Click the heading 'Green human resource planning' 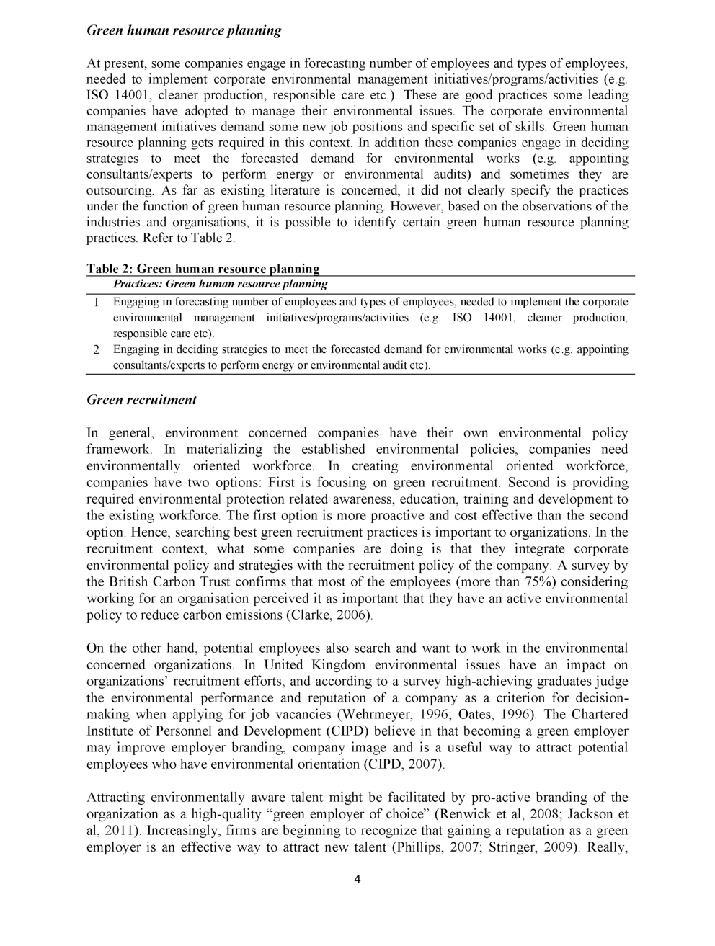[183, 30]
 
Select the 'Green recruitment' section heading [141, 399]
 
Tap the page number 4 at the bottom [357, 879]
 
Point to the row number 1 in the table [95, 303]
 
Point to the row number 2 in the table [95, 350]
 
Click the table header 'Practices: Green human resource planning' [220, 284]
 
